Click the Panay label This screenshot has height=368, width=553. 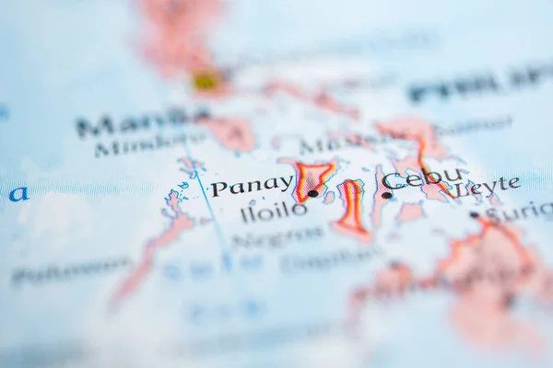pyautogui.click(x=251, y=186)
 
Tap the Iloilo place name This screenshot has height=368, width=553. pyautogui.click(x=273, y=211)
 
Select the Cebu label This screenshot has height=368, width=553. pyautogui.click(x=422, y=178)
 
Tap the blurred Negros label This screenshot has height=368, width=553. pyautogui.click(x=276, y=236)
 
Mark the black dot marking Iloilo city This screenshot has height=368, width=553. pyautogui.click(x=312, y=193)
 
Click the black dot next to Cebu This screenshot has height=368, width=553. pyautogui.click(x=386, y=195)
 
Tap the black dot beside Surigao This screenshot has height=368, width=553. pyautogui.click(x=474, y=214)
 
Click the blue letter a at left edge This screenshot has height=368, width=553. pyautogui.click(x=18, y=193)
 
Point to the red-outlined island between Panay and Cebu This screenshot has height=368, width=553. pyautogui.click(x=351, y=207)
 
